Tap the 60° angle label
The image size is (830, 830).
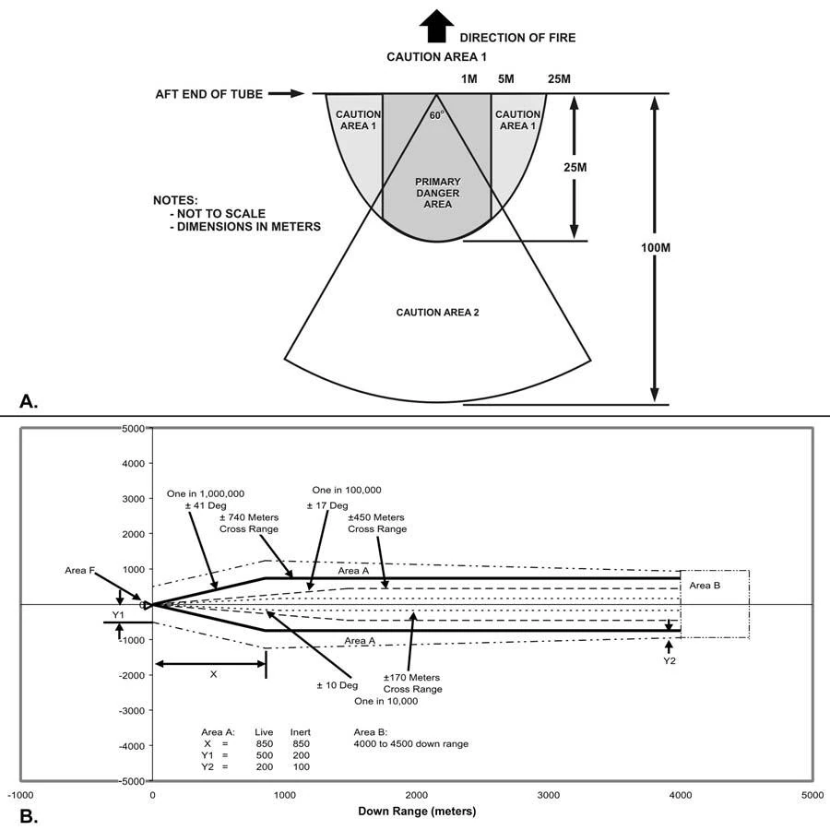tap(436, 115)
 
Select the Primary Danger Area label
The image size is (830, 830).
tap(436, 192)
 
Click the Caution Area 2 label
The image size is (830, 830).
tap(437, 313)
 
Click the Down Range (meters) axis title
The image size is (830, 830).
tap(416, 812)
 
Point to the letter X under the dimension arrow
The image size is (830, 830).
tap(213, 674)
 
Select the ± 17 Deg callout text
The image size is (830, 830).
tap(327, 505)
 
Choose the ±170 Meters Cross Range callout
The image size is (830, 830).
tap(412, 683)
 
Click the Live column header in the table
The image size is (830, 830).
tap(266, 731)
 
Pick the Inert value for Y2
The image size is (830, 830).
tap(300, 766)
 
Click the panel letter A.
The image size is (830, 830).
tap(29, 401)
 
